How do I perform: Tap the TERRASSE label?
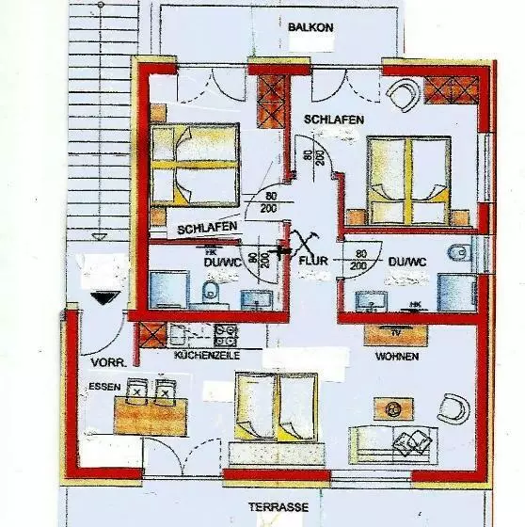278,506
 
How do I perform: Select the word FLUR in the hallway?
312,259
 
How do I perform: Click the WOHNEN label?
396,359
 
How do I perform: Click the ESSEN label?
101,387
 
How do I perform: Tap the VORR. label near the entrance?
103,361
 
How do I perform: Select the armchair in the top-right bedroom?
406,92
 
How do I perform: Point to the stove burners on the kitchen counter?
225,333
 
